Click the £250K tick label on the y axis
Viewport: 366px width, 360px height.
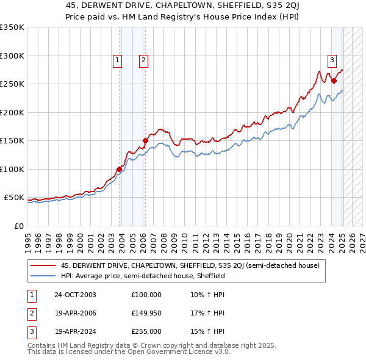coord(12,84)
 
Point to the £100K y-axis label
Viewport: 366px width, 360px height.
coord(12,169)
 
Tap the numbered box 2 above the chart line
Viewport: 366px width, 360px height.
coord(143,60)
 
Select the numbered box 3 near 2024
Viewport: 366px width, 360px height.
coord(332,60)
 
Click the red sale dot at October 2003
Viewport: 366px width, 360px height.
coord(119,169)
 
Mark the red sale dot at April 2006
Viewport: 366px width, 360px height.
coord(145,141)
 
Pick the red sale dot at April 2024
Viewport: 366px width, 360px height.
coord(334,81)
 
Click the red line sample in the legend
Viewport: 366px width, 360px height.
coord(43,265)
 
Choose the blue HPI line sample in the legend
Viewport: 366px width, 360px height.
coord(43,276)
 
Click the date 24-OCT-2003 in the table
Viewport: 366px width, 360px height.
coord(75,295)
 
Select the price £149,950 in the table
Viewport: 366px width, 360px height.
coord(146,313)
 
